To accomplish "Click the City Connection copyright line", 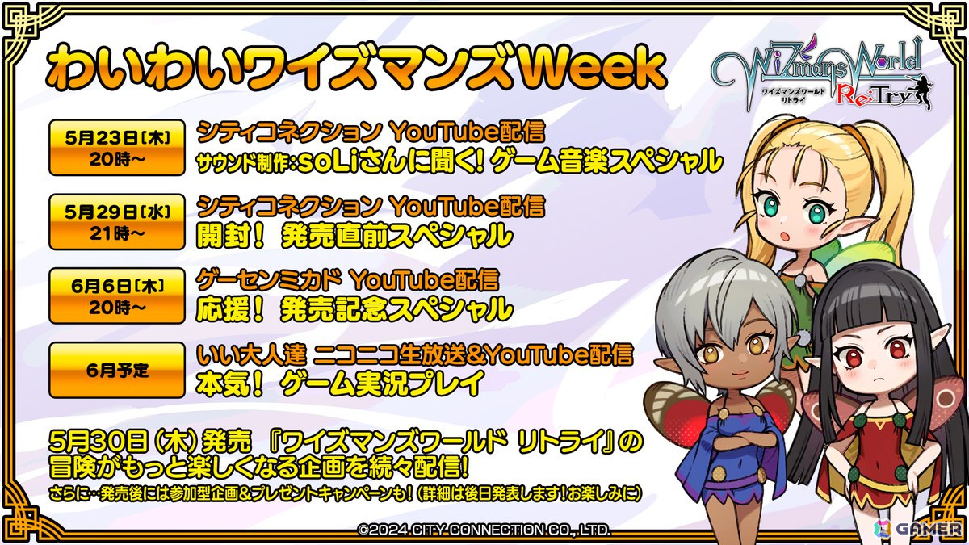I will click(x=484, y=530).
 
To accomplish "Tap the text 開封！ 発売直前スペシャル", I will click(x=354, y=235).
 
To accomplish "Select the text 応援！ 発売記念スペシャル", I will click(x=354, y=308).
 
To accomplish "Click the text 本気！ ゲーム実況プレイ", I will click(x=339, y=384).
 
